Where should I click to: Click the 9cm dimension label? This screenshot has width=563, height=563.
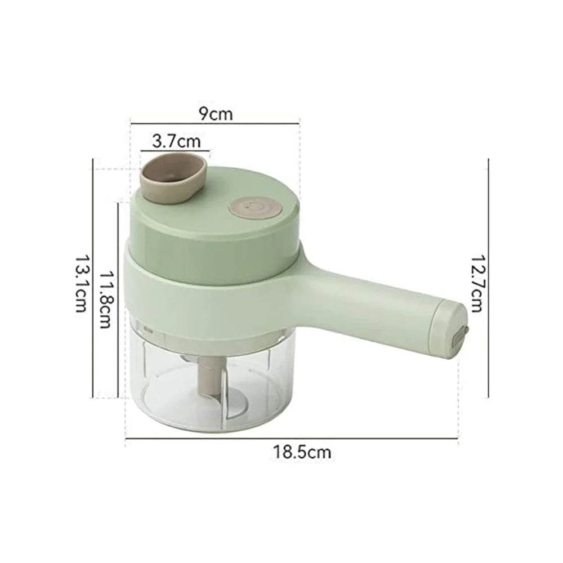coord(215,114)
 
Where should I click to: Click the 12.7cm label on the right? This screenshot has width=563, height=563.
coord(477,281)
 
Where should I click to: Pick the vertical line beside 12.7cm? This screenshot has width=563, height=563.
coord(489,279)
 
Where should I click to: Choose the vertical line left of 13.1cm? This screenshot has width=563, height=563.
coord(92,279)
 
